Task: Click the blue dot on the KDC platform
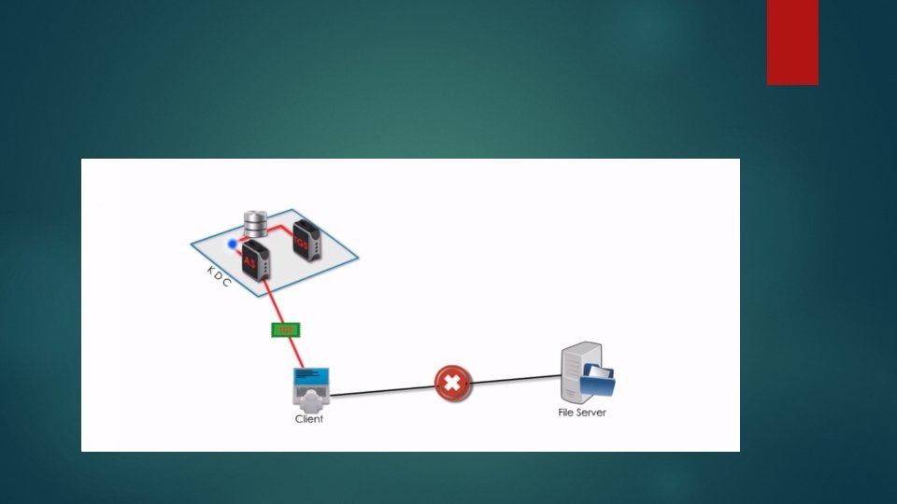(x=233, y=245)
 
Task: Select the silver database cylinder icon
(x=255, y=224)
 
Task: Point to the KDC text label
(x=219, y=276)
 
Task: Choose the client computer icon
(x=310, y=387)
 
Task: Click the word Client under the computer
(x=309, y=419)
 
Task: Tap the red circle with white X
(x=453, y=383)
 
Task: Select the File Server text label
(x=581, y=412)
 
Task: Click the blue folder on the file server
(x=598, y=380)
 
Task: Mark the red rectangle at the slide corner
(x=792, y=42)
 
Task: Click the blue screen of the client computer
(x=311, y=376)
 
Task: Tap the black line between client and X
(x=383, y=390)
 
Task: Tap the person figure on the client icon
(x=310, y=397)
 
